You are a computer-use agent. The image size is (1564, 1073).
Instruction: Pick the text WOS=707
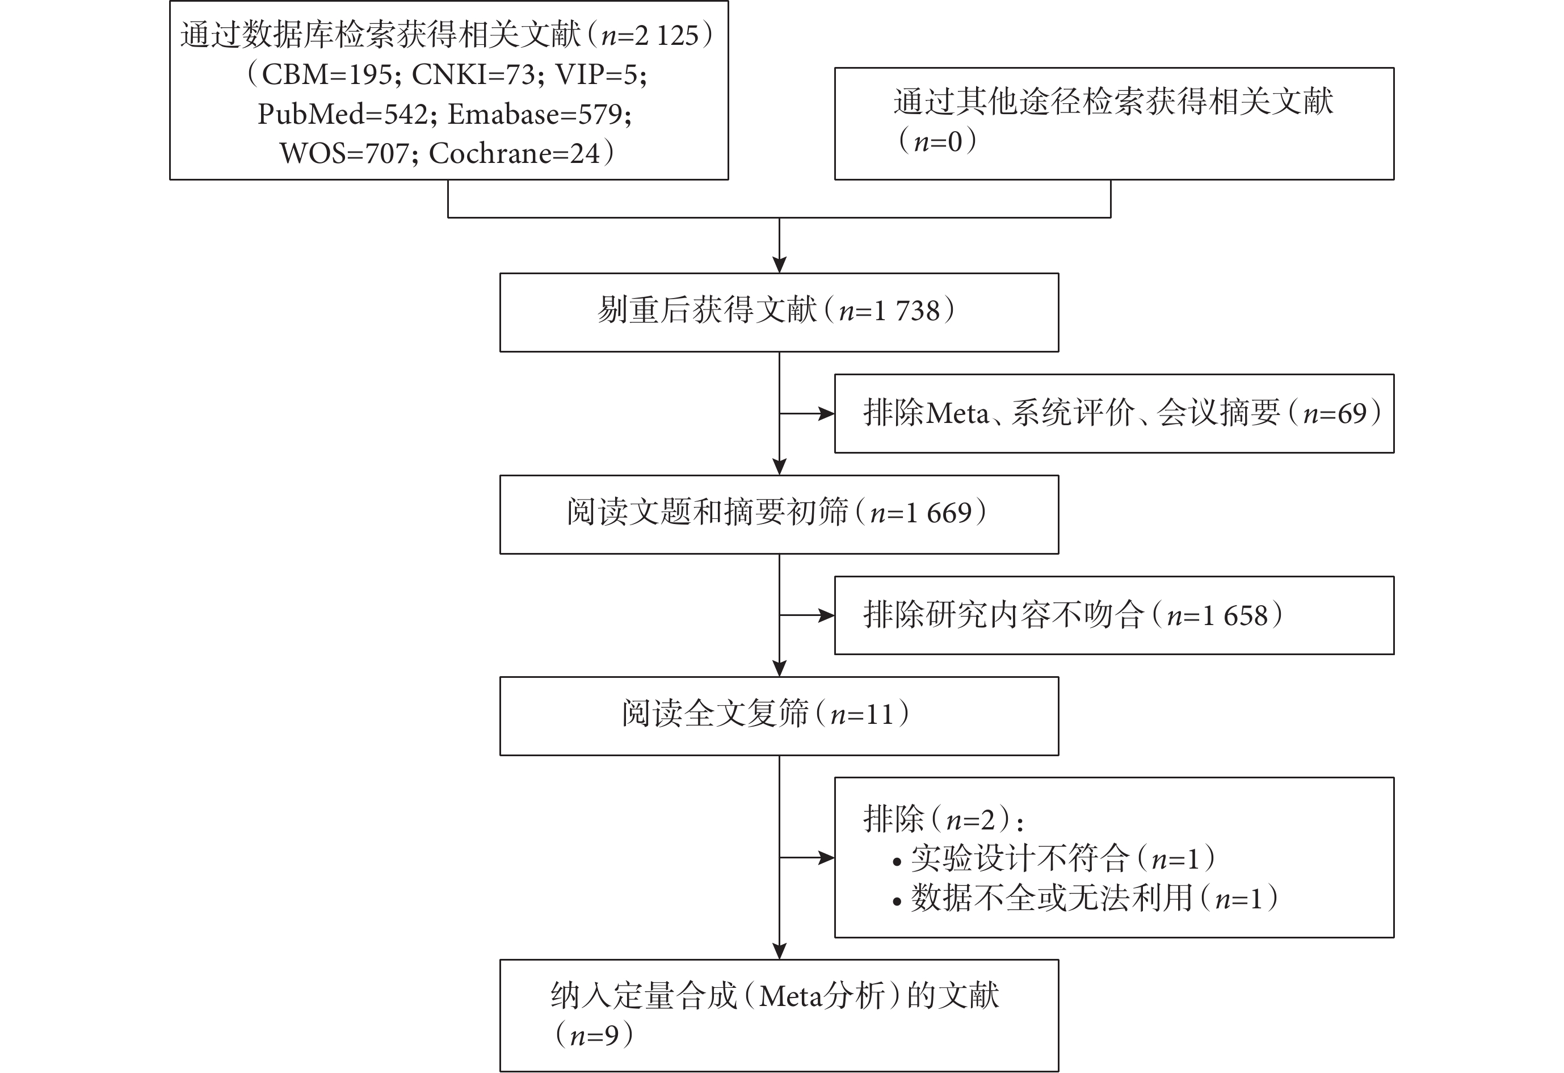[x=344, y=153]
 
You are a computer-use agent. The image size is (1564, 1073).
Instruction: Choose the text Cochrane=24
[x=514, y=153]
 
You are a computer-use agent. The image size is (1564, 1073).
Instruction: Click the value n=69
[x=1335, y=414]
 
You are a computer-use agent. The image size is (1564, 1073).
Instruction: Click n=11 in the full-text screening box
[x=862, y=715]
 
